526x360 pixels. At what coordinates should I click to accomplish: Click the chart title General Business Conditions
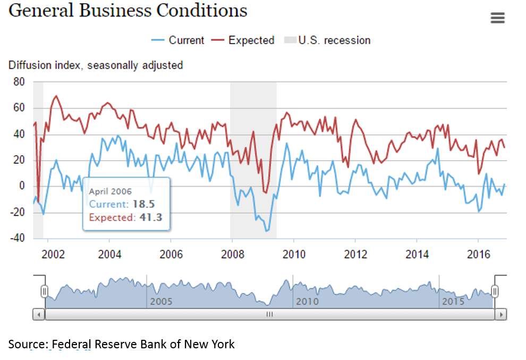click(128, 11)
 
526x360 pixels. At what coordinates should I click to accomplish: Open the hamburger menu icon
click(497, 18)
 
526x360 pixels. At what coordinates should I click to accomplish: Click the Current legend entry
click(178, 40)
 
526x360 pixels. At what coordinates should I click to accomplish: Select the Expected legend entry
click(243, 40)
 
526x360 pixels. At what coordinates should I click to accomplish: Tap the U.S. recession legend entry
click(327, 40)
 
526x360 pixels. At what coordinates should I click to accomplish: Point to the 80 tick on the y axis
click(19, 82)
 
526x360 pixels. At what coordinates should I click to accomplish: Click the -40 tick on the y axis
click(17, 238)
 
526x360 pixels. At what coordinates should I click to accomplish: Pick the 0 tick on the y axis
click(22, 186)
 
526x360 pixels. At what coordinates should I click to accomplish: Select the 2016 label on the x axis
click(478, 254)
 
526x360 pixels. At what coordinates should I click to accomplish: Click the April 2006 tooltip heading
click(110, 191)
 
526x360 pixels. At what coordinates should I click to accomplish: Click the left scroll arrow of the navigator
click(39, 314)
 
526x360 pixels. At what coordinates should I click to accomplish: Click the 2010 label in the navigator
click(307, 302)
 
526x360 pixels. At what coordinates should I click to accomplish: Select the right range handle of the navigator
click(495, 291)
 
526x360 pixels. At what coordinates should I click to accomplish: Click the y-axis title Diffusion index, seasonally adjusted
click(96, 65)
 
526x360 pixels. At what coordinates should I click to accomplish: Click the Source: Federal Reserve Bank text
click(121, 344)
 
